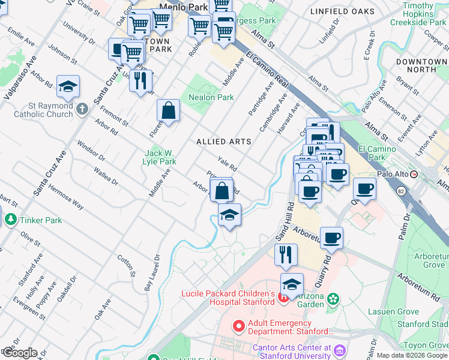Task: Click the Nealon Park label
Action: pos(211,97)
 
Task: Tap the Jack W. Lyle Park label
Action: pos(159,157)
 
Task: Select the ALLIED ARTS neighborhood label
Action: pos(223,142)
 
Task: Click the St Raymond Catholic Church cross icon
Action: pos(82,109)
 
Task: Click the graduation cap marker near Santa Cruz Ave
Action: pos(68,86)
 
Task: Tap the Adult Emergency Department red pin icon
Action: pos(239,326)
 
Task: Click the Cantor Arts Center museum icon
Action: pos(340,350)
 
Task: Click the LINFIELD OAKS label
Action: pos(342,11)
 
